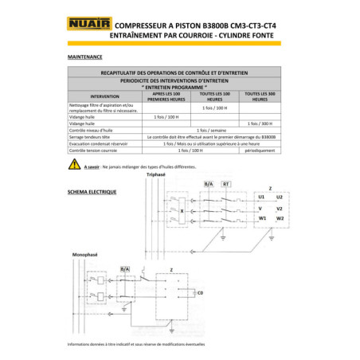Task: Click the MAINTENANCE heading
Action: coord(84,57)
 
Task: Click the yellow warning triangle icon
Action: coord(75,164)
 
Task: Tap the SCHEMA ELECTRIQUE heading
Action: coord(92,192)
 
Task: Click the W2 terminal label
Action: coord(279,217)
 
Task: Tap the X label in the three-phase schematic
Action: coord(182,210)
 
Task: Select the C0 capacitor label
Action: coord(200,294)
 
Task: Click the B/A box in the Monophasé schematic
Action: coord(124,269)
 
